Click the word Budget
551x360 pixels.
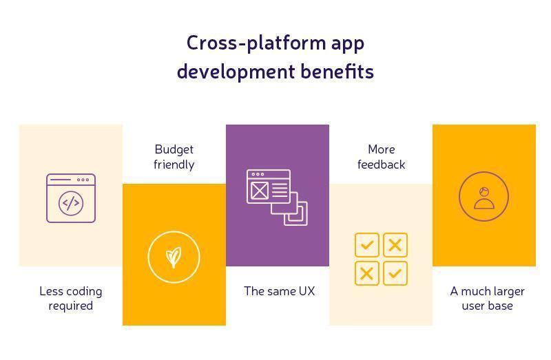point(174,149)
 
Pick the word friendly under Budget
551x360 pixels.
point(174,165)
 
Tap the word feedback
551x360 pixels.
point(381,165)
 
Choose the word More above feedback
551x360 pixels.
point(381,149)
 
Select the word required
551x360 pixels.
point(70,306)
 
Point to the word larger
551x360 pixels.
point(506,291)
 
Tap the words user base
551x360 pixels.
point(487,306)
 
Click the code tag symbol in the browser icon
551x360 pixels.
point(71,204)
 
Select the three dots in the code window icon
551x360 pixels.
point(83,180)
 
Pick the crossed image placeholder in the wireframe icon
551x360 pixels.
point(259,191)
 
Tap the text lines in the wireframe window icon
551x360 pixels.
point(280,191)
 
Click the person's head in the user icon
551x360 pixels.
point(484,192)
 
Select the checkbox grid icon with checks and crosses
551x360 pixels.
point(381,259)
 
